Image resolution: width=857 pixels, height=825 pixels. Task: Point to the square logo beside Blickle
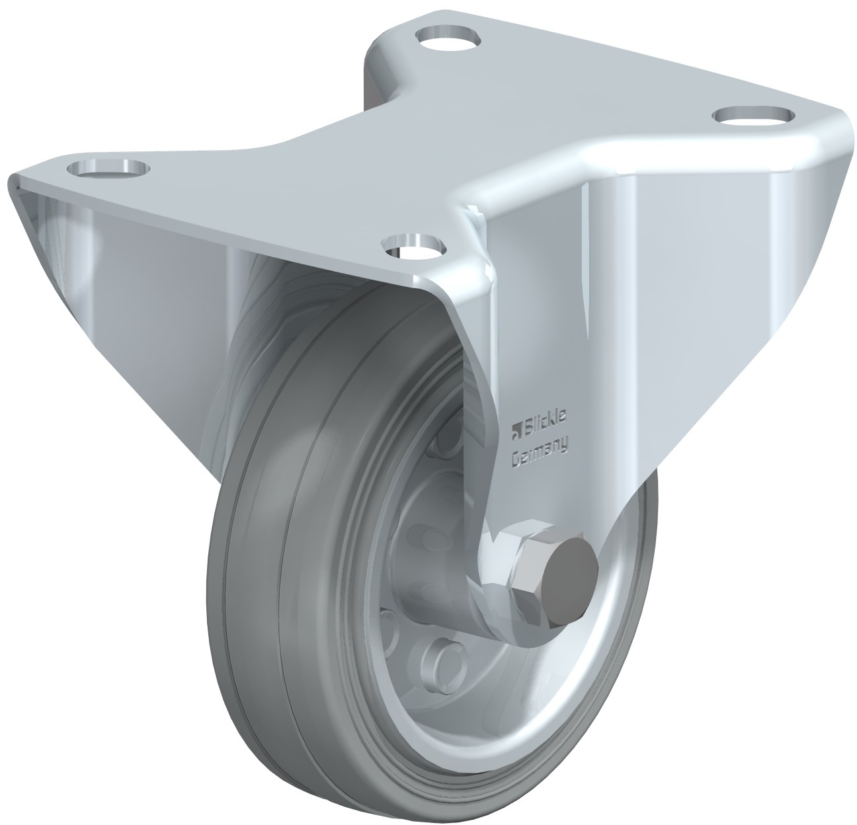click(515, 429)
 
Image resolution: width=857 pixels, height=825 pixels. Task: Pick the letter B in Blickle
click(526, 427)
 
